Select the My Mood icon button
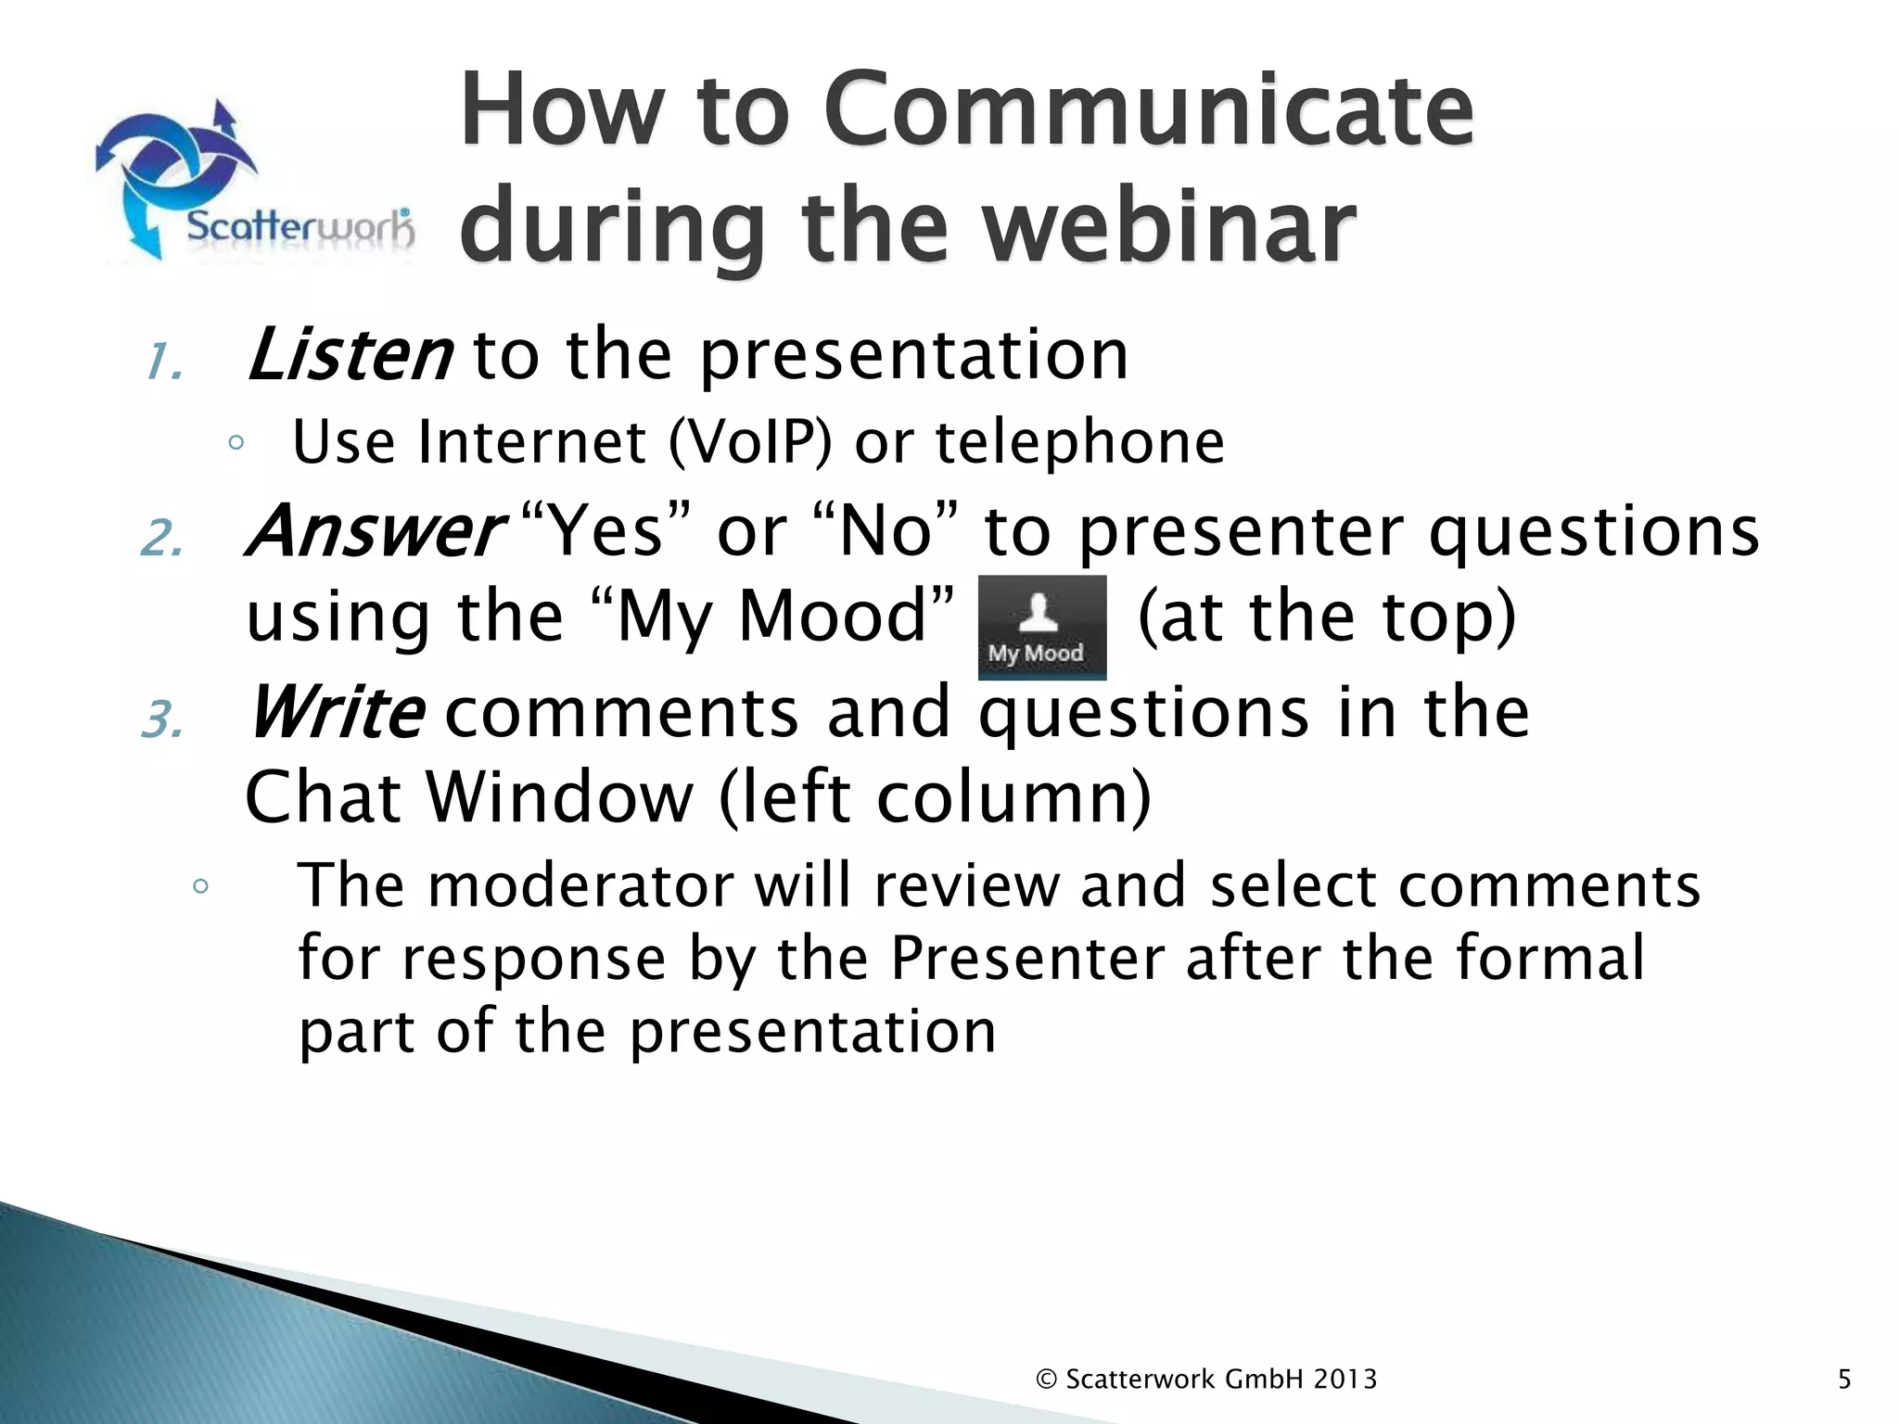pos(1041,628)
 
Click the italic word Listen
pos(350,356)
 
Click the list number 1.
pos(163,362)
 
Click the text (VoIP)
pos(750,442)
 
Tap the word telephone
pos(1080,442)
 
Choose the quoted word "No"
pos(886,531)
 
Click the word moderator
pos(581,884)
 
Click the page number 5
pos(1843,1379)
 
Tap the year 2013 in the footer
pos(1345,1379)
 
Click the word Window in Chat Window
pos(559,797)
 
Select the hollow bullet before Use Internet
pos(236,443)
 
